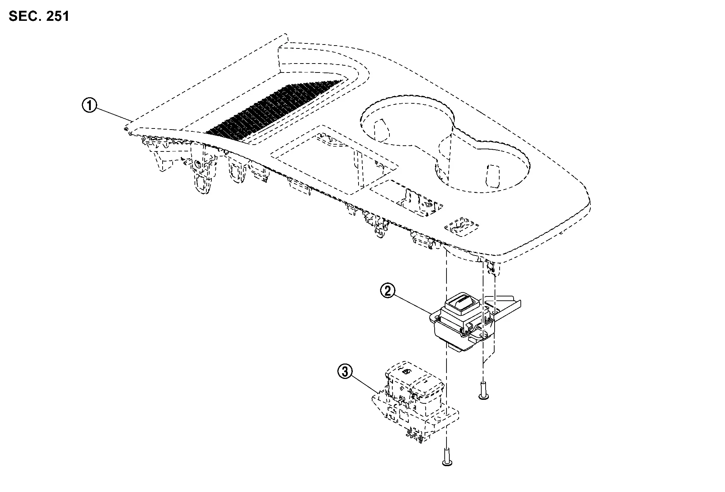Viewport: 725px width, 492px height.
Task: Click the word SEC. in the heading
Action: tap(24, 16)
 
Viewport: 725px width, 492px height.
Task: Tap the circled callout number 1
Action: tap(89, 106)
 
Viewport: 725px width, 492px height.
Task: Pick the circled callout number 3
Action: tap(345, 372)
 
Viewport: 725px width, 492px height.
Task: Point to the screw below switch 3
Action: tap(447, 456)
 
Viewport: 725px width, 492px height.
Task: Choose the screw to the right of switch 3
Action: tap(483, 391)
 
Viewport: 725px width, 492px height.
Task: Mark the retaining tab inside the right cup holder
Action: tap(493, 177)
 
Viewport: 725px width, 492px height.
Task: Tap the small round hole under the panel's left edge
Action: tap(197, 165)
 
